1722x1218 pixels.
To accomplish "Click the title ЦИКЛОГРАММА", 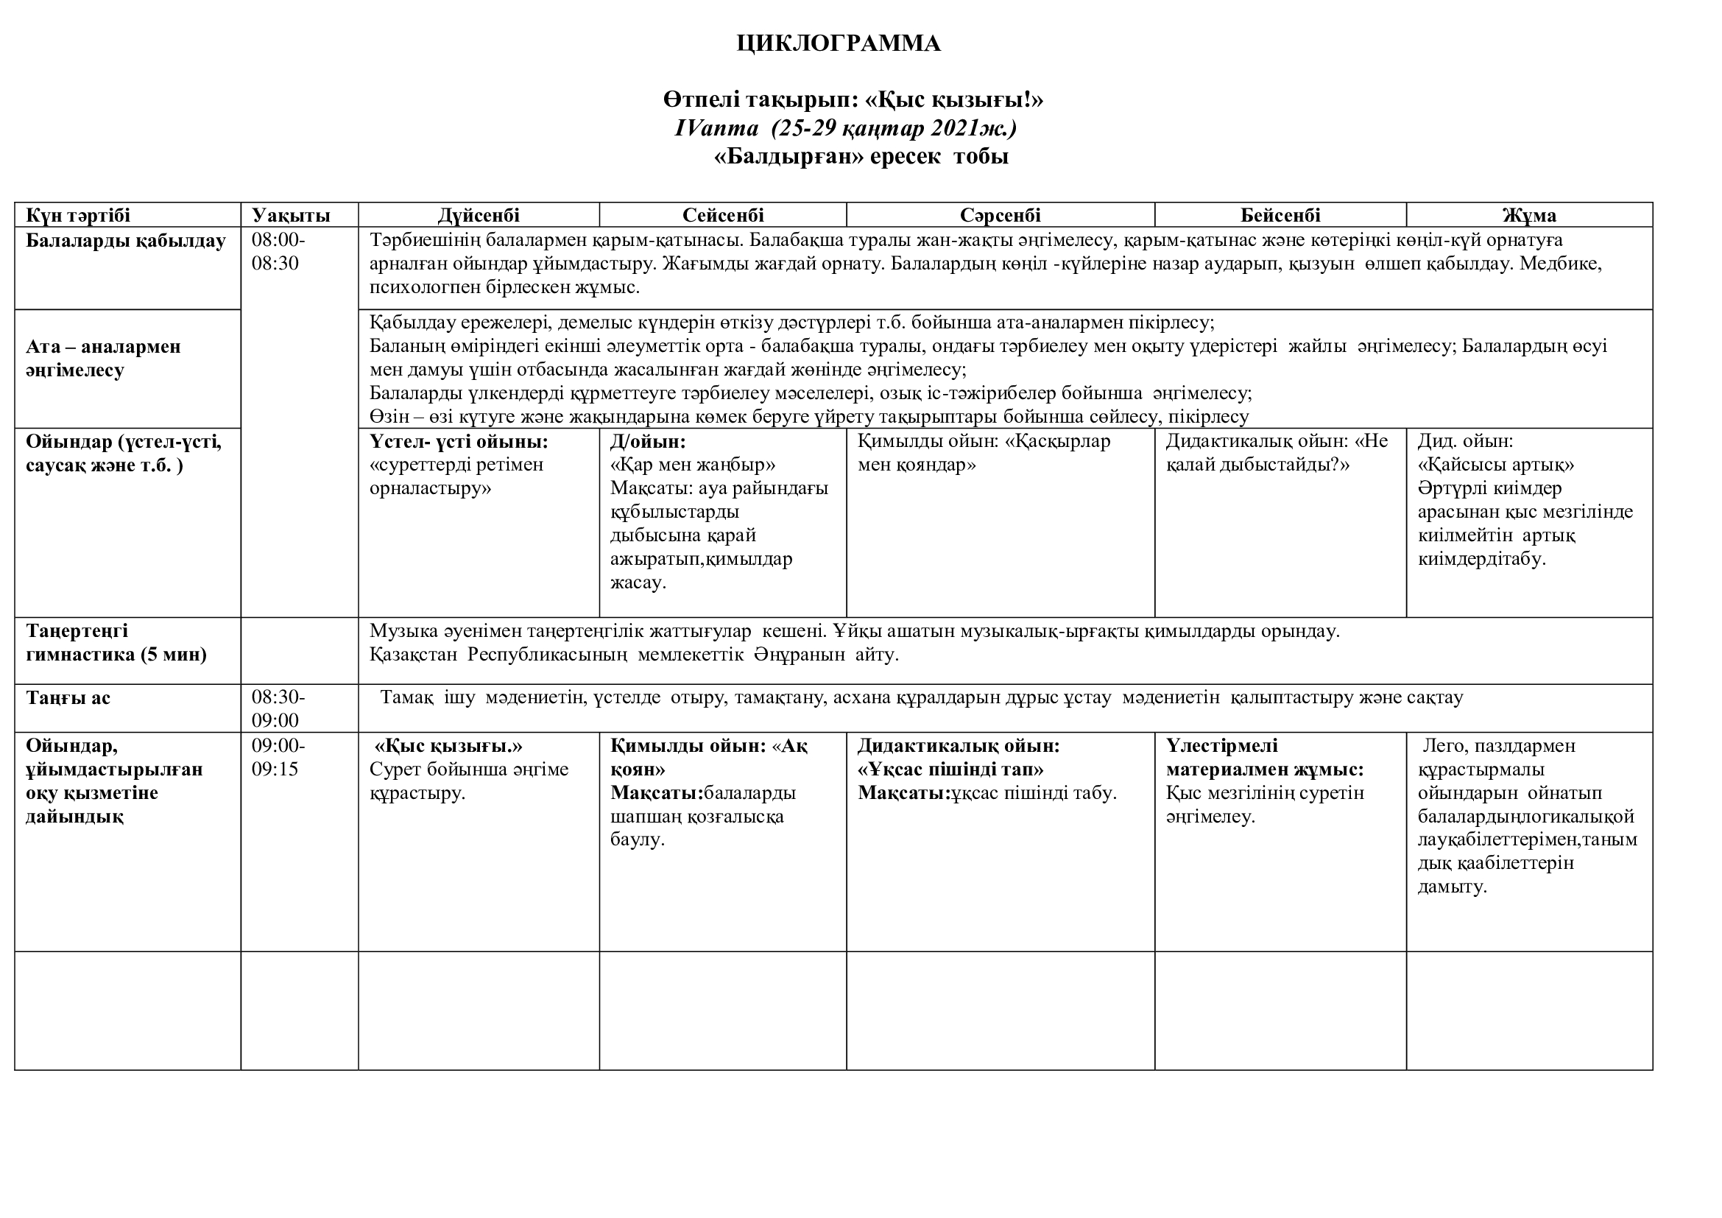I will click(839, 43).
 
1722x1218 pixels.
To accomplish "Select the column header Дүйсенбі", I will click(479, 215).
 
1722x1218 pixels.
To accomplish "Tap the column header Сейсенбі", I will click(723, 215).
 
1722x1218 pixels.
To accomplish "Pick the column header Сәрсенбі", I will click(1001, 215).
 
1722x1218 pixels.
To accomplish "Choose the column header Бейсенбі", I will click(1280, 215).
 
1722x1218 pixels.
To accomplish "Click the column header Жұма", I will click(1529, 215).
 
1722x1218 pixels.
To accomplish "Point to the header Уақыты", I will click(291, 215).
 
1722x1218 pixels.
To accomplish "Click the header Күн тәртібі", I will click(78, 215).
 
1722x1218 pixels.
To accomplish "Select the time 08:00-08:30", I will click(278, 251).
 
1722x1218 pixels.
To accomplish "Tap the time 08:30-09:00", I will click(278, 708).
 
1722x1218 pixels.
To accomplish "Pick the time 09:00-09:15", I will click(278, 758).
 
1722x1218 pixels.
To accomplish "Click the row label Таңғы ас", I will click(68, 697).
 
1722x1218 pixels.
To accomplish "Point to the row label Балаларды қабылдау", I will click(126, 241).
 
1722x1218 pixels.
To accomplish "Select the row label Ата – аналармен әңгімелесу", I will click(104, 358).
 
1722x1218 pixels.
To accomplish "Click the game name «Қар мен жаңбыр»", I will click(693, 464).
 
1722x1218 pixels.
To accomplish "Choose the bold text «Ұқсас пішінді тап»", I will click(950, 769).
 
